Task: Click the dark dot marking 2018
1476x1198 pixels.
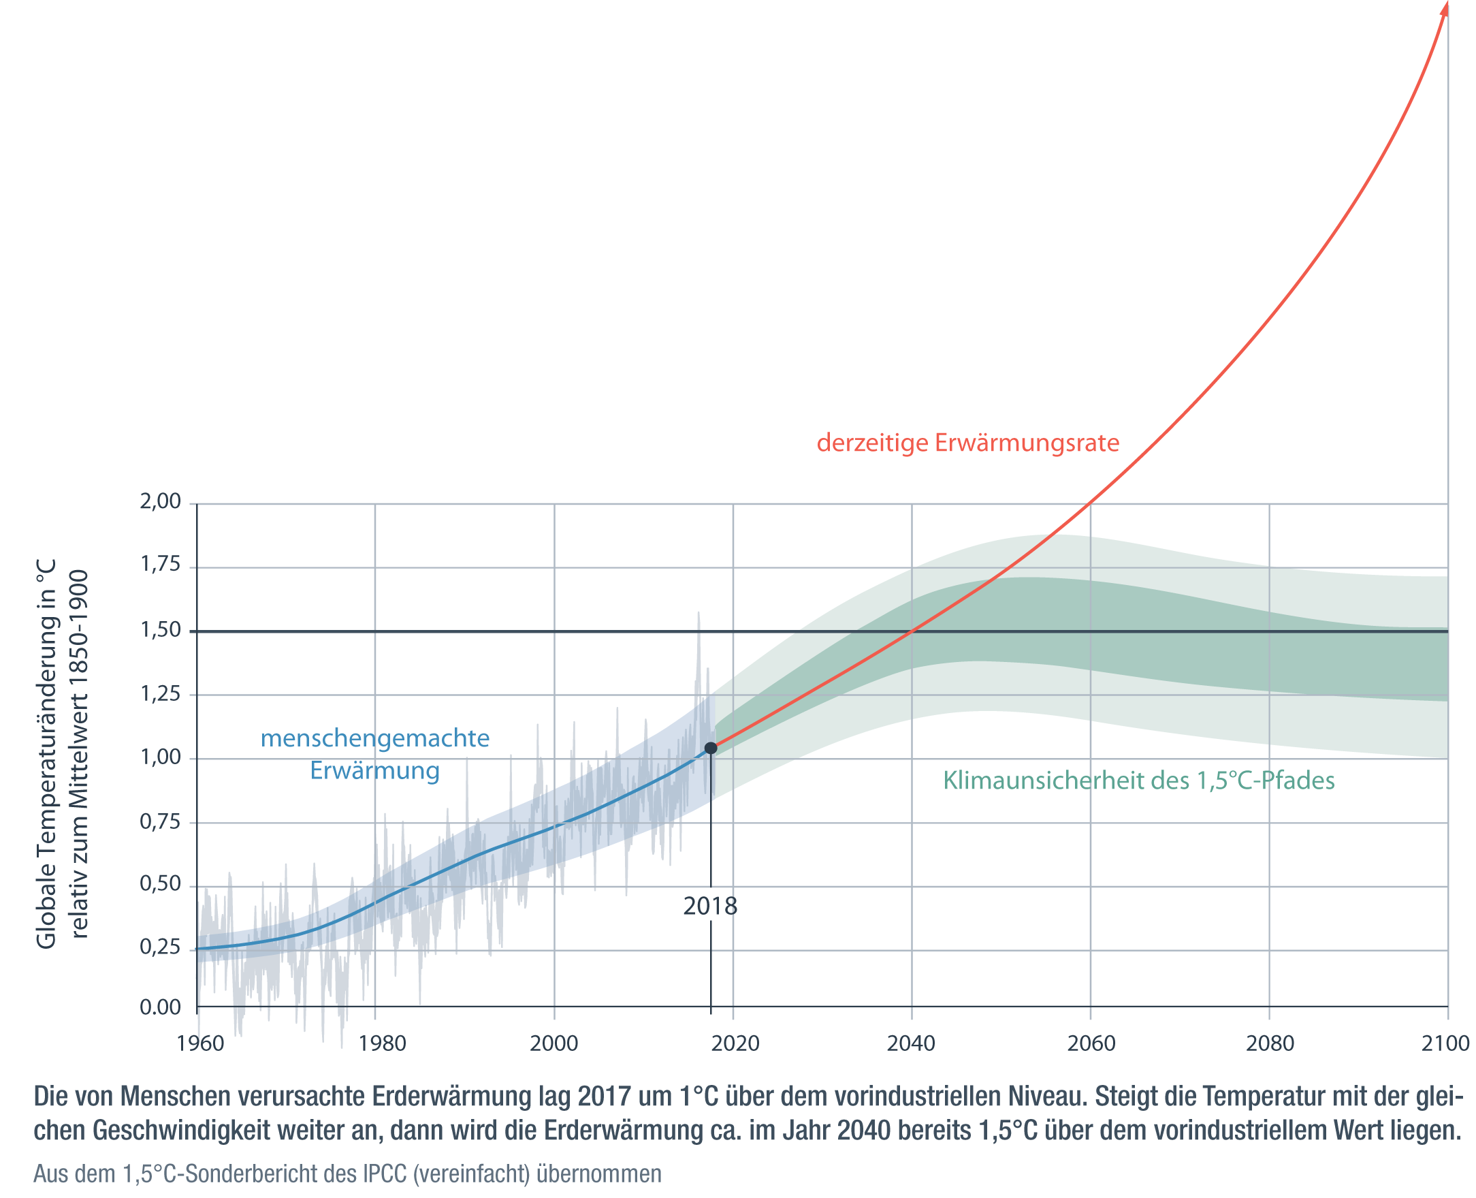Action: pyautogui.click(x=710, y=748)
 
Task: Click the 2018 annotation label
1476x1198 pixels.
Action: pyautogui.click(x=710, y=906)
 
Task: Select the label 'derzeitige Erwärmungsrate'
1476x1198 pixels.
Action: pyautogui.click(x=967, y=442)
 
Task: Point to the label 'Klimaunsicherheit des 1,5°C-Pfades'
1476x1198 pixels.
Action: pyautogui.click(x=1139, y=780)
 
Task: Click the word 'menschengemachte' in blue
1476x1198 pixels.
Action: pyautogui.click(x=375, y=738)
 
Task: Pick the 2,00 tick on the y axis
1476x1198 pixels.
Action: pyautogui.click(x=161, y=501)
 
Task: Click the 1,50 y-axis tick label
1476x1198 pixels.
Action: pyautogui.click(x=161, y=629)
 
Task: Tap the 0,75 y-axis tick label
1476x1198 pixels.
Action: pyautogui.click(x=161, y=821)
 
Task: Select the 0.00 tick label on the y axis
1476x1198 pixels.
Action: pyautogui.click(x=161, y=1007)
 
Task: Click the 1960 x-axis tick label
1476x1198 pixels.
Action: pyautogui.click(x=201, y=1043)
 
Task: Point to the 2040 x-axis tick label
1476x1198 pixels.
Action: pyautogui.click(x=911, y=1043)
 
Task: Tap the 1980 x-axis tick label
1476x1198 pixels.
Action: pyautogui.click(x=382, y=1043)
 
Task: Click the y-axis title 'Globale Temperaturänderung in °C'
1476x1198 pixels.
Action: pyautogui.click(x=46, y=754)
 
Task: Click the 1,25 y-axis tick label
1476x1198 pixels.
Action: pyautogui.click(x=161, y=693)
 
